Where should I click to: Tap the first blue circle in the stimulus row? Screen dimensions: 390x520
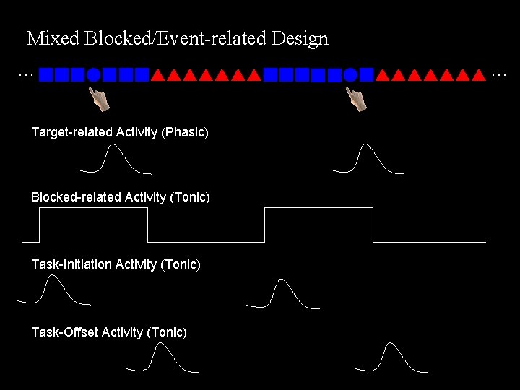coord(93,74)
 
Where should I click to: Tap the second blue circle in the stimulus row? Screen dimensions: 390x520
coord(350,74)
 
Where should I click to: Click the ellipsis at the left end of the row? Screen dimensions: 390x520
coord(25,74)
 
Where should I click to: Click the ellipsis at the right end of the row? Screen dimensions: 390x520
coord(498,74)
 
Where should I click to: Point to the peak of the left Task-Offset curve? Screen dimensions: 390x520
coord(162,344)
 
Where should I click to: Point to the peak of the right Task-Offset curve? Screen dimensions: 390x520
coord(391,344)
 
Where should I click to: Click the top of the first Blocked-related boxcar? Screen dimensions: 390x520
coord(93,208)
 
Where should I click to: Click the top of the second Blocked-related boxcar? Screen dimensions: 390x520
coord(318,208)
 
